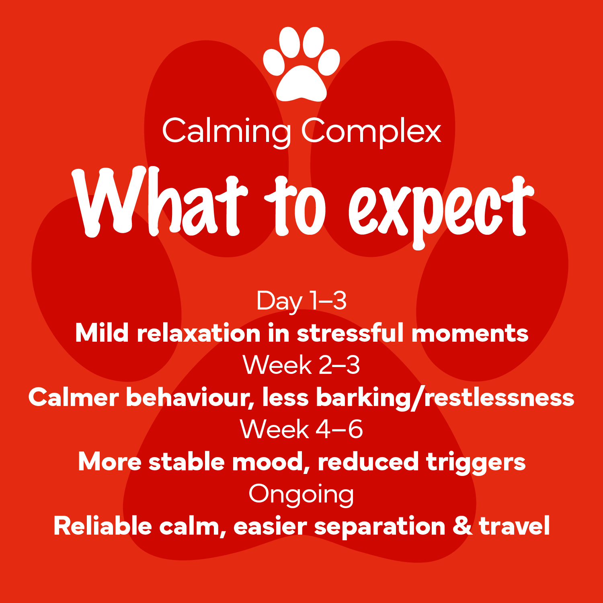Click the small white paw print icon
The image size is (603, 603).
301,64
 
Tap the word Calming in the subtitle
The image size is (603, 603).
227,132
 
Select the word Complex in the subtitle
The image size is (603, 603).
372,132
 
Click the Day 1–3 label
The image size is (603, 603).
301,301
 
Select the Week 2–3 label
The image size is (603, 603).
301,365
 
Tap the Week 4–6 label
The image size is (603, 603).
301,429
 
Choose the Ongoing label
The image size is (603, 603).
301,495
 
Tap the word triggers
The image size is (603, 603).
476,462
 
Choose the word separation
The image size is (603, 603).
380,527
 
